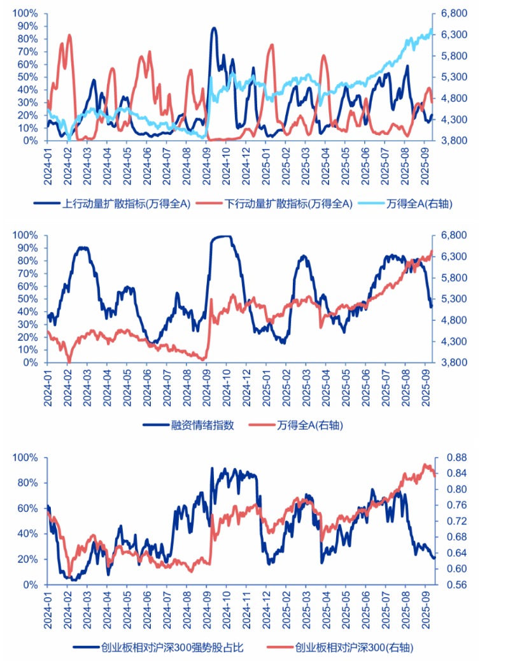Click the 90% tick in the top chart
28,26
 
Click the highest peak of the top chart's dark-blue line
214,28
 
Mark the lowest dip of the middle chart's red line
69,362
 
